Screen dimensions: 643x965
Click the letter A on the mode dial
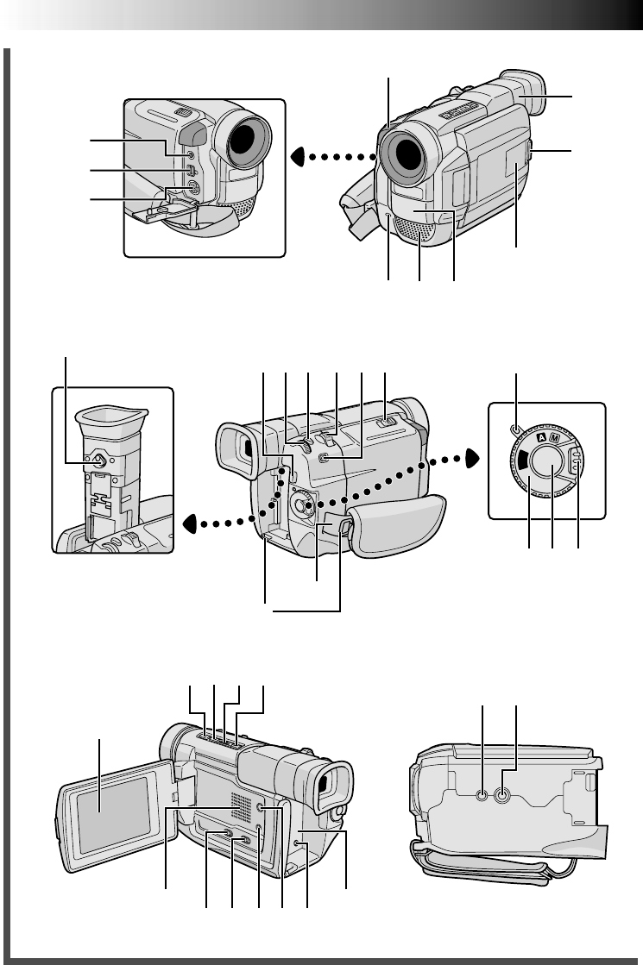pyautogui.click(x=541, y=437)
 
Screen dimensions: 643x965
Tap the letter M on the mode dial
pyautogui.click(x=554, y=439)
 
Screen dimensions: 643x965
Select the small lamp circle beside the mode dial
pyautogui.click(x=516, y=429)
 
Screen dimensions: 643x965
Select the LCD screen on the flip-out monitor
pyautogui.click(x=113, y=814)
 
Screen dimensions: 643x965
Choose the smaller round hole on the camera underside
pyautogui.click(x=482, y=796)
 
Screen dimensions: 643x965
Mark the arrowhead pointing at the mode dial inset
pyautogui.click(x=472, y=459)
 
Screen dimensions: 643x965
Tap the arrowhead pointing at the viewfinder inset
pyautogui.click(x=191, y=524)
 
